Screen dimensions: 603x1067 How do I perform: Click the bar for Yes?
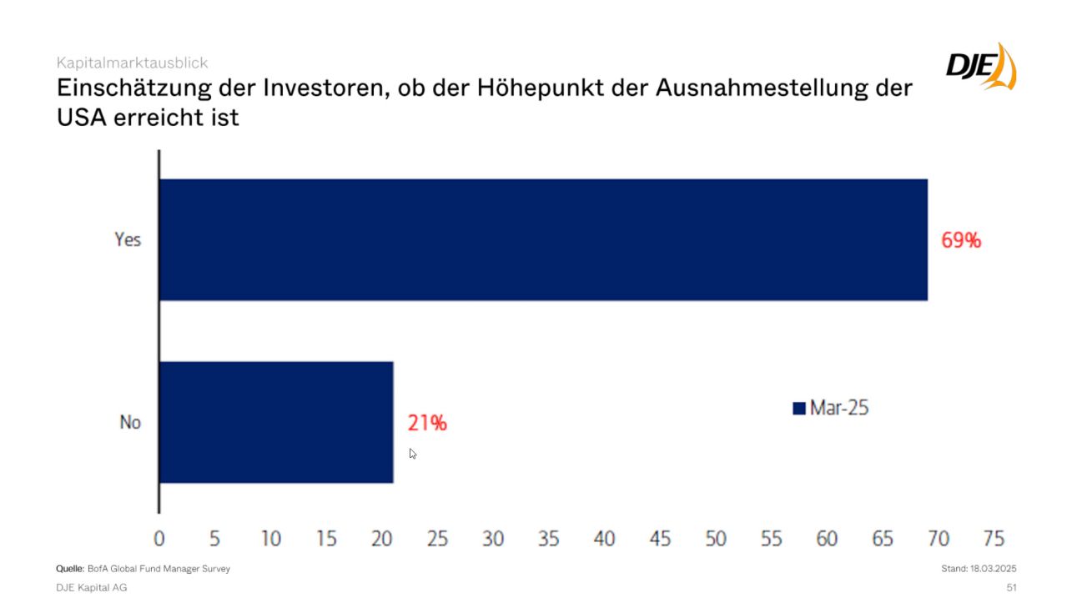pos(542,239)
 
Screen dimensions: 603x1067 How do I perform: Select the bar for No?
pos(275,422)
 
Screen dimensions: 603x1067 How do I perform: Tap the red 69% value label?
pos(961,241)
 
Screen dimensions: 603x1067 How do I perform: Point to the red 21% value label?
pos(427,423)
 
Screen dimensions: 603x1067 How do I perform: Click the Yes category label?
pos(128,240)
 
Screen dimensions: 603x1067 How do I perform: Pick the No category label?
pos(130,423)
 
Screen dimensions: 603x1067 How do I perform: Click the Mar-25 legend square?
pos(799,409)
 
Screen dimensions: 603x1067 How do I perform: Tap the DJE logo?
pos(981,66)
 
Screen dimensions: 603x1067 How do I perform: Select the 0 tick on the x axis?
pos(159,539)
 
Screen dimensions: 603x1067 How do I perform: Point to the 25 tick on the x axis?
pos(437,539)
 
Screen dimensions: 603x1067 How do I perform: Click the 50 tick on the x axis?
pos(716,539)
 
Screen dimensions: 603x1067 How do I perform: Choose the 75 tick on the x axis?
pos(994,539)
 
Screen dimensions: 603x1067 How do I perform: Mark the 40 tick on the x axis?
pos(604,539)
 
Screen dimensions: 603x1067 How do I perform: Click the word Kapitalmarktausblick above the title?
pos(132,63)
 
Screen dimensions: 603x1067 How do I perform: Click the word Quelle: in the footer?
pos(70,569)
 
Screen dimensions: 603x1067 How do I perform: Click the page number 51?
pos(1011,588)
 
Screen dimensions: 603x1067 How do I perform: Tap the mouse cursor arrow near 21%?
pos(412,453)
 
